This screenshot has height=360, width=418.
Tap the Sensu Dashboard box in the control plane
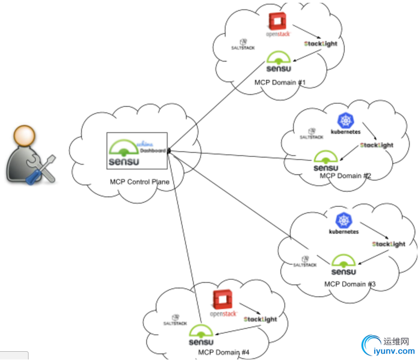(137, 150)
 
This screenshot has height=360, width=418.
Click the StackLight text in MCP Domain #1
(320, 43)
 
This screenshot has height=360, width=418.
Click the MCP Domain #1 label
(280, 82)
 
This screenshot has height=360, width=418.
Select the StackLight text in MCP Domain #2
(377, 145)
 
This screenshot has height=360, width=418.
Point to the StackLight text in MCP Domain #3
(388, 244)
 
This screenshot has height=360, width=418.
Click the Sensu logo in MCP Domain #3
(343, 265)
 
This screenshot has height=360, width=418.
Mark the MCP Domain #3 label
(350, 284)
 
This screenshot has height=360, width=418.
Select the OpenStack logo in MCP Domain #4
(223, 305)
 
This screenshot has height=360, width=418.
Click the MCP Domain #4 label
(224, 352)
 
